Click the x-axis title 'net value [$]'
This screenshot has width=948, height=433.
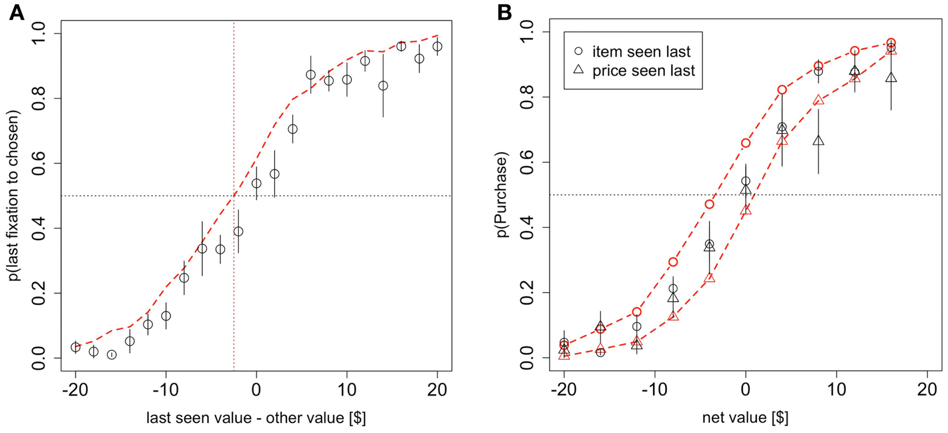coord(745,417)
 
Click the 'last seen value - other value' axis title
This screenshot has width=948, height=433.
coord(256,417)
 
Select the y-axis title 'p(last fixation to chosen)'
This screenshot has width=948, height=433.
coord(15,195)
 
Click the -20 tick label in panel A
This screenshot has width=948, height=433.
coord(75,389)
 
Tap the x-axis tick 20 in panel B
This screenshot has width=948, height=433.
coord(927,389)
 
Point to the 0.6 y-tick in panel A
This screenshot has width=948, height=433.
coord(39,164)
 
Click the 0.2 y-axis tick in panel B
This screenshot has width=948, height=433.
coord(527,293)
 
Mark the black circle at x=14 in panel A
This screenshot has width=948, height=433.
coord(383,86)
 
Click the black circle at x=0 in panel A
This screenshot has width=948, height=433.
coord(256,183)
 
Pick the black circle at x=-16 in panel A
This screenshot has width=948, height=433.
coord(111,355)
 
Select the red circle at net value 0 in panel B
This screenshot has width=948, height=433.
coord(746,143)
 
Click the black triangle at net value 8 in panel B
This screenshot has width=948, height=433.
coord(819,141)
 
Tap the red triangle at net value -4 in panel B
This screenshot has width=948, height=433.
coord(709,277)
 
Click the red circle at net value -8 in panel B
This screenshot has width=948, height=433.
coord(673,262)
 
